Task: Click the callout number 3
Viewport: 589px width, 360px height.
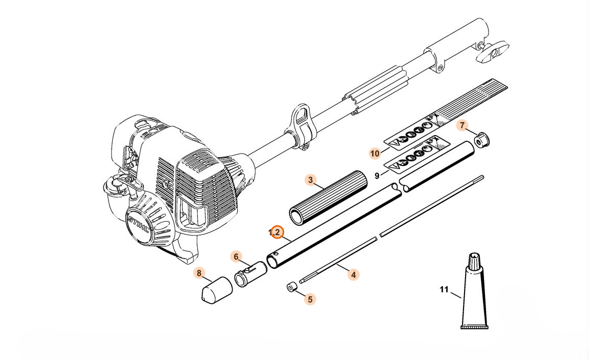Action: [310, 180]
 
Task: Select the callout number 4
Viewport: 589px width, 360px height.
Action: [353, 274]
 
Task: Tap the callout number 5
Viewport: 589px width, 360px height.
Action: [309, 299]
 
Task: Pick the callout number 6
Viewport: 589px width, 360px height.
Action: [236, 256]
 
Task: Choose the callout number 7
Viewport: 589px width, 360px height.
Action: [462, 125]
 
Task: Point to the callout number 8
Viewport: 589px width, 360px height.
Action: [199, 273]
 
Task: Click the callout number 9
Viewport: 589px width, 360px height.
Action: [377, 176]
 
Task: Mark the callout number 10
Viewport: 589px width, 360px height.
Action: [375, 153]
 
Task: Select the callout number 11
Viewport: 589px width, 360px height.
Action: [444, 290]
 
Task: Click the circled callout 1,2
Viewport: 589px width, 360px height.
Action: [277, 232]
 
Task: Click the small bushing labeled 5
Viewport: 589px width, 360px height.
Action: [291, 287]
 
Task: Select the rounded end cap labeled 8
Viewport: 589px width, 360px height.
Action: [215, 290]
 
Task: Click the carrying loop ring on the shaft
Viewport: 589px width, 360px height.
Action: [303, 122]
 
